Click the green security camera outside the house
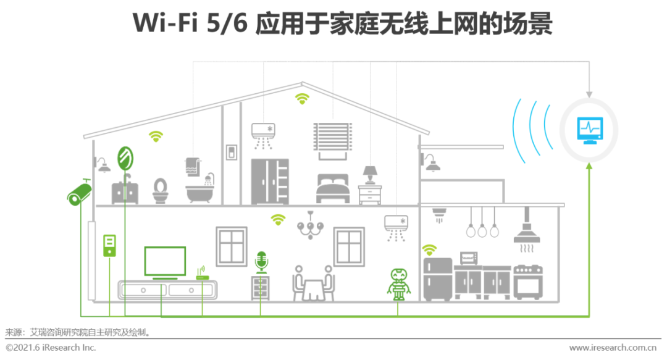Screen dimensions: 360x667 coord(78,193)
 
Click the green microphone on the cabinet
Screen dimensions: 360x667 coord(261,262)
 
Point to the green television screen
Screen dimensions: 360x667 coord(165,261)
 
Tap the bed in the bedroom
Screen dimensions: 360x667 coord(333,188)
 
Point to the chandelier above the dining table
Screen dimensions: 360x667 coord(310,226)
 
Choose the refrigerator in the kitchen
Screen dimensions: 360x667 coord(437,279)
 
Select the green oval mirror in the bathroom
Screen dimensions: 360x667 coord(125,158)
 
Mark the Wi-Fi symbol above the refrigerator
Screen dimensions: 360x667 coord(429,249)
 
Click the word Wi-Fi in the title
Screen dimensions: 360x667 coord(164,23)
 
